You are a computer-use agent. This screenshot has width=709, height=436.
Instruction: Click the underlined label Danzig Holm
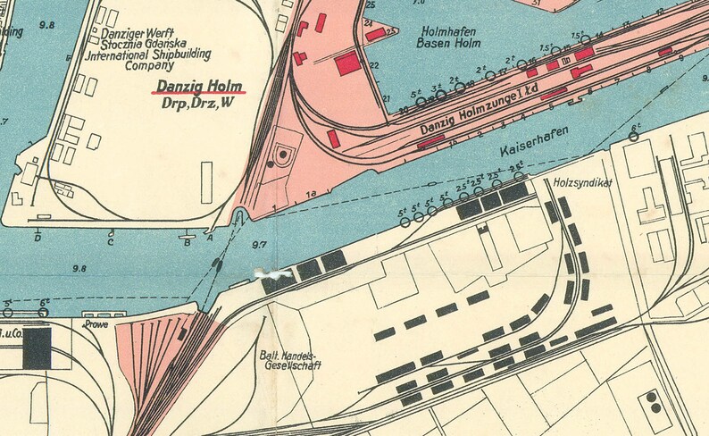click(204, 87)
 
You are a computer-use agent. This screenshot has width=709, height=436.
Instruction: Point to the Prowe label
click(96, 324)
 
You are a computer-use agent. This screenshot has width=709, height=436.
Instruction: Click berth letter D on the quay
click(38, 239)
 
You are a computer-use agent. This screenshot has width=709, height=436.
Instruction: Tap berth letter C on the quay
click(111, 240)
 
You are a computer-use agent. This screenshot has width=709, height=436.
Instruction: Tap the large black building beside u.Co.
click(37, 348)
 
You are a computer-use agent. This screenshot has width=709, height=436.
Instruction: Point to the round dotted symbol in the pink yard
click(283, 154)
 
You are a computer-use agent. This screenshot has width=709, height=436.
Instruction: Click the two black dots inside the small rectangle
click(654, 402)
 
